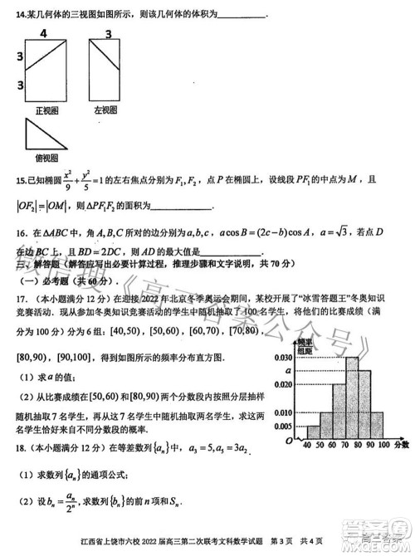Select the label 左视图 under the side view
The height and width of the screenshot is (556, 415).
click(108, 109)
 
